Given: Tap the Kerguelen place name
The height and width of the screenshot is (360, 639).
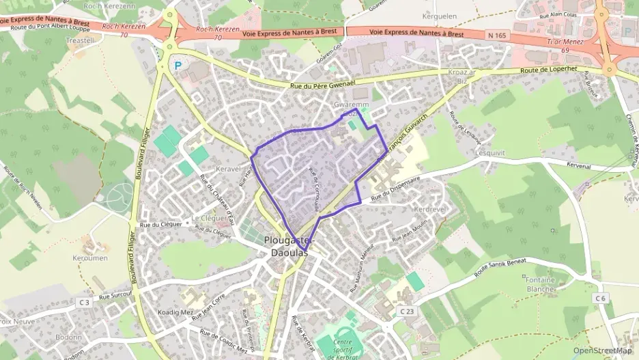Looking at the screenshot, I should coord(440,15).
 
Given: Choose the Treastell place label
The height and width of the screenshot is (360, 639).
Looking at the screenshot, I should coord(80,41).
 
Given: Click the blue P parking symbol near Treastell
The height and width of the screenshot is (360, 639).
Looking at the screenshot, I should coord(178,66).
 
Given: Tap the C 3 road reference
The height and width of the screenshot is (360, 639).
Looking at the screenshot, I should coord(84,301).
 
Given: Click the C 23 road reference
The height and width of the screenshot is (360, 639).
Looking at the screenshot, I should coord(406,311).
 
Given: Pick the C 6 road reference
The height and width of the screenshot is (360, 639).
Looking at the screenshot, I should coord(600,298).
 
